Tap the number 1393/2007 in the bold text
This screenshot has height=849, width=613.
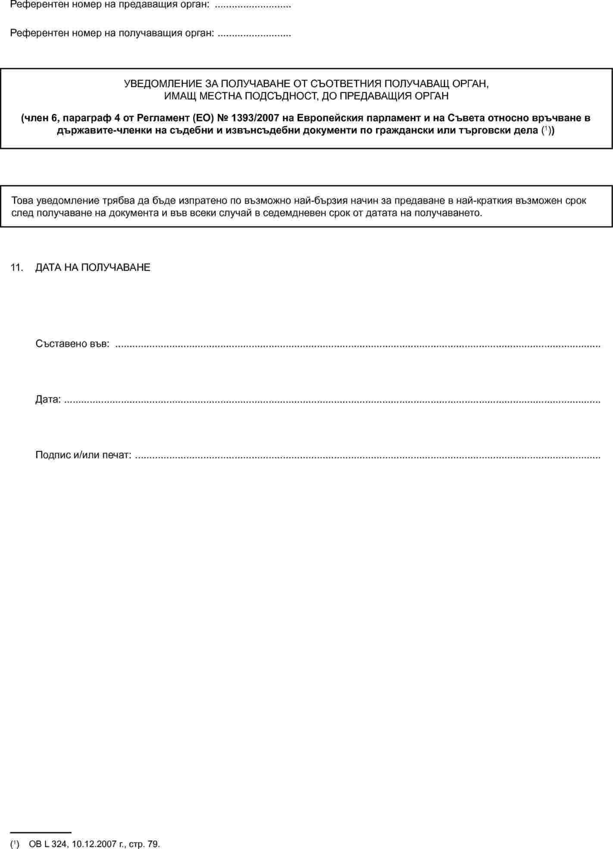pyautogui.click(x=255, y=118)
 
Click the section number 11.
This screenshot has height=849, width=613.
pyautogui.click(x=16, y=267)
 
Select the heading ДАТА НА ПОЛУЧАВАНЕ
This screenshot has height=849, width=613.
pyautogui.click(x=93, y=267)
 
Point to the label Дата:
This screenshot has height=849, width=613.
pyautogui.click(x=48, y=399)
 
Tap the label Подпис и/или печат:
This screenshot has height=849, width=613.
pyautogui.click(x=83, y=455)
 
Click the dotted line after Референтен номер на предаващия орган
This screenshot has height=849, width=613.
pyautogui.click(x=253, y=5)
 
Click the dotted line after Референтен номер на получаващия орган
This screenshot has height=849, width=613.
pyautogui.click(x=254, y=33)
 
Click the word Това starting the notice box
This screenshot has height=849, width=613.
pyautogui.click(x=22, y=201)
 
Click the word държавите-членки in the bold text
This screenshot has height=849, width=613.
pyautogui.click(x=104, y=130)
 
